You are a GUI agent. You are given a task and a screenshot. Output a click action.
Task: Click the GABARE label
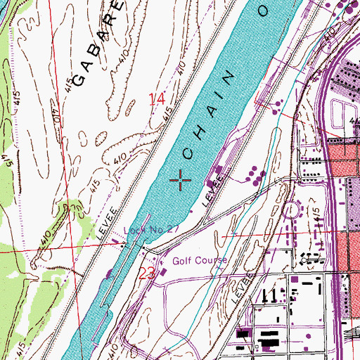point(99,42)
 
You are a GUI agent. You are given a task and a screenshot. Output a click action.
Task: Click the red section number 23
point(147,274)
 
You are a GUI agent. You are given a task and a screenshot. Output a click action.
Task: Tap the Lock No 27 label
point(145,229)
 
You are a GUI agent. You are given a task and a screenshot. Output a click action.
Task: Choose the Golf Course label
point(200,261)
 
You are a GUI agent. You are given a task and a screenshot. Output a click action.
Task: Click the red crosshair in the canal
point(181,181)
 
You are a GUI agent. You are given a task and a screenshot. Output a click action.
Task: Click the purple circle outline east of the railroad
point(290,210)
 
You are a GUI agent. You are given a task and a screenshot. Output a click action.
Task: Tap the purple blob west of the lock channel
point(108,274)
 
